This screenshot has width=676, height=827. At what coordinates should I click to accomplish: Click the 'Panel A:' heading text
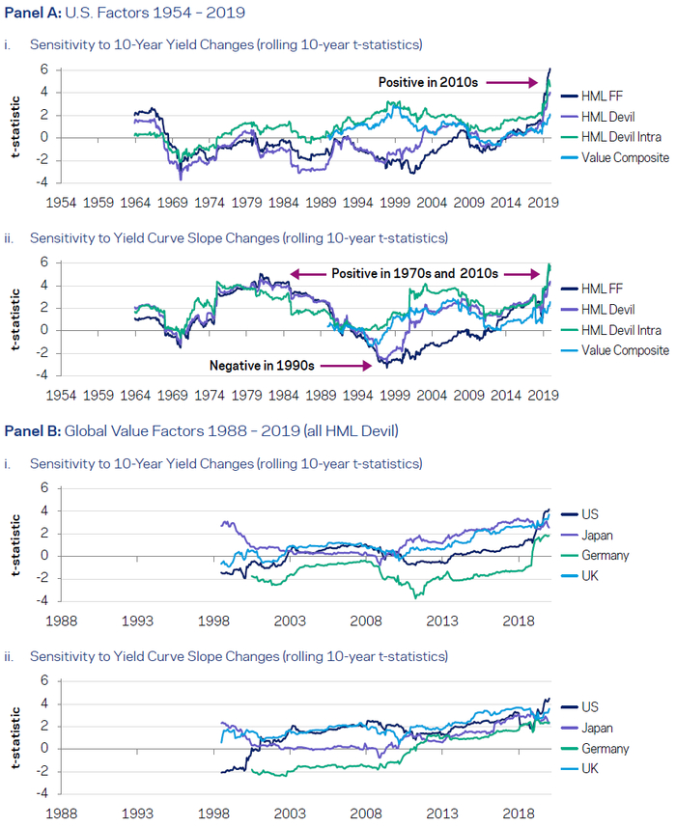click(33, 13)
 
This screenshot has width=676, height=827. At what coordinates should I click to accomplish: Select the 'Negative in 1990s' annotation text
click(263, 366)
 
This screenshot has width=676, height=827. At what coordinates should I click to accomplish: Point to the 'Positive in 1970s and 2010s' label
click(415, 275)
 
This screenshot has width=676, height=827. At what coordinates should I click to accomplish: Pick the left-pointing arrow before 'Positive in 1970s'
click(309, 275)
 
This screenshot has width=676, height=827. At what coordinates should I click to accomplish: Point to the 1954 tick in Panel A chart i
click(63, 204)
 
